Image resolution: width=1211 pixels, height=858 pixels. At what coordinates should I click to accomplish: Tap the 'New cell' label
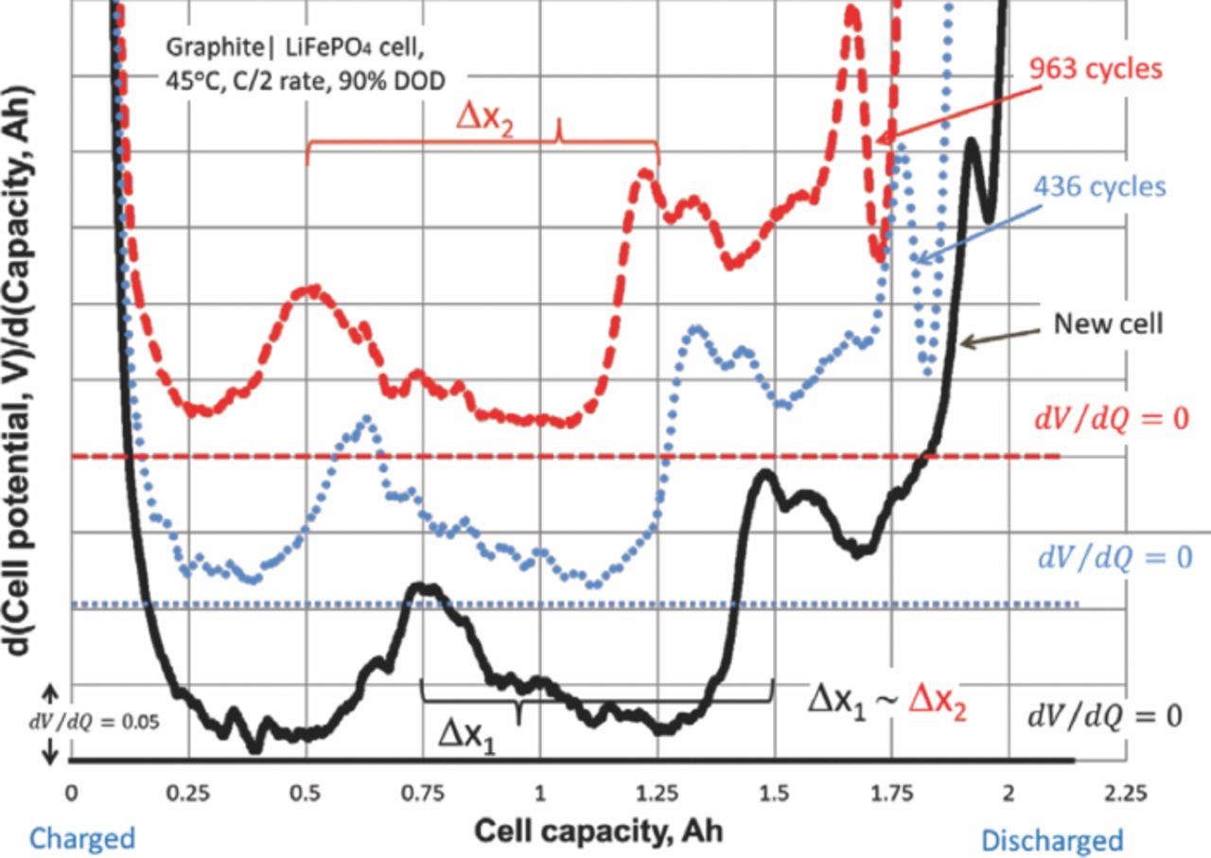pyautogui.click(x=1108, y=324)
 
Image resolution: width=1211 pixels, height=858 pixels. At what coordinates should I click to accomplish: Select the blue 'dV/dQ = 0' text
pyautogui.click(x=1114, y=557)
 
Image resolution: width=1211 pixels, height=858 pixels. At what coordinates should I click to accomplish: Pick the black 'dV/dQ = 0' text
pyautogui.click(x=1105, y=716)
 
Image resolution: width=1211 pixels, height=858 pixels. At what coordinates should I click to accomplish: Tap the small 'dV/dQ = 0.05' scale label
pyautogui.click(x=95, y=721)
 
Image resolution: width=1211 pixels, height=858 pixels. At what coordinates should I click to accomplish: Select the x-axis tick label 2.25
pyautogui.click(x=1126, y=791)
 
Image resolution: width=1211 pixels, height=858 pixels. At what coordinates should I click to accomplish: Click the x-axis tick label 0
pyautogui.click(x=71, y=791)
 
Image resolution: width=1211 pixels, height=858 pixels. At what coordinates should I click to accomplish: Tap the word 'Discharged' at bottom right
pyautogui.click(x=1052, y=840)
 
